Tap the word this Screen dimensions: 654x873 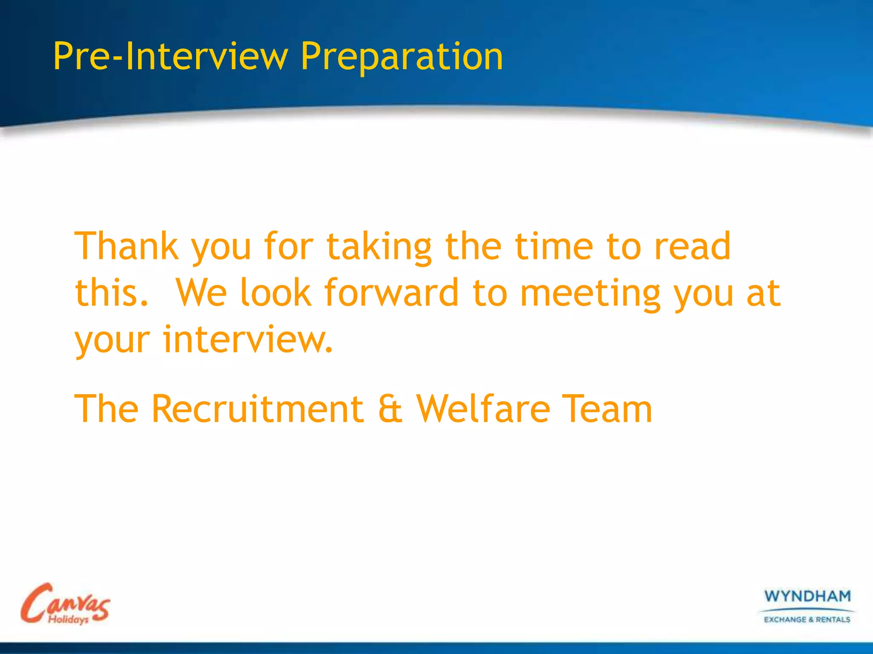pos(112,293)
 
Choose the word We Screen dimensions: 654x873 pos(201,293)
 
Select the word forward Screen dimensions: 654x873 pos(391,293)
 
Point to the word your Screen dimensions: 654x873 pos(112,341)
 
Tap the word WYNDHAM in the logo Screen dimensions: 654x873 pos(807,596)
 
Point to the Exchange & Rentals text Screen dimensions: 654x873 pos(807,620)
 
